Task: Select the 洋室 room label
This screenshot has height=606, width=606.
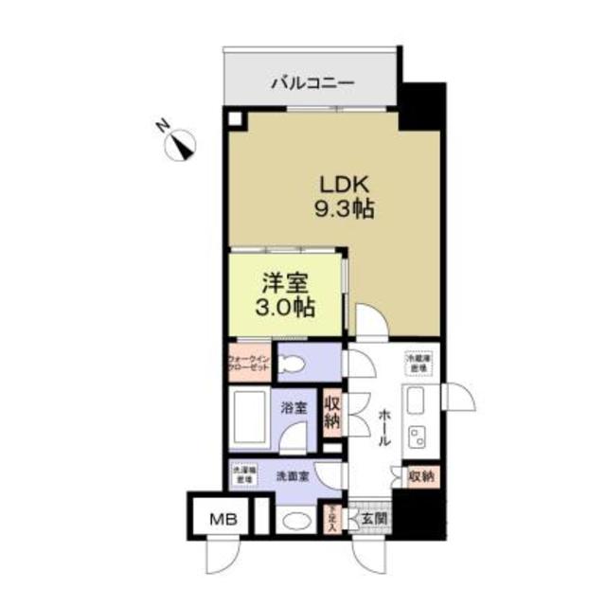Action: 282,282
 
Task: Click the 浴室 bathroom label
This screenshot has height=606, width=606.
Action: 294,409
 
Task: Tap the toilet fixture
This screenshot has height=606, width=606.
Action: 294,363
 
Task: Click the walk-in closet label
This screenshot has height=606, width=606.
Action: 248,363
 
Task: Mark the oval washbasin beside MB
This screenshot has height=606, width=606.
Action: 294,519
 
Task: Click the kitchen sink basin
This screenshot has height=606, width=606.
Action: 418,402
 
